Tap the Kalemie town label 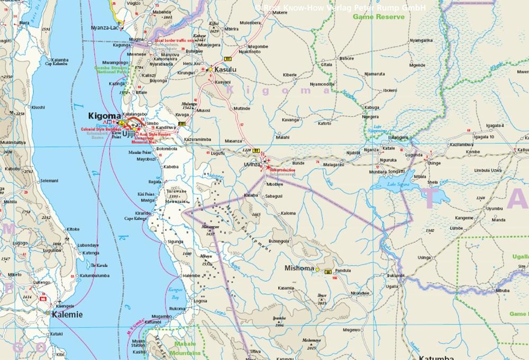pos(67,314)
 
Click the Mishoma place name pos(299,268)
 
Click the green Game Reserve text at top pos(379,17)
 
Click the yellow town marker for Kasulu pos(210,69)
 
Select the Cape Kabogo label pos(135,218)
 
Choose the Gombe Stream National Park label pos(111,71)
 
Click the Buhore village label pos(346,58)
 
